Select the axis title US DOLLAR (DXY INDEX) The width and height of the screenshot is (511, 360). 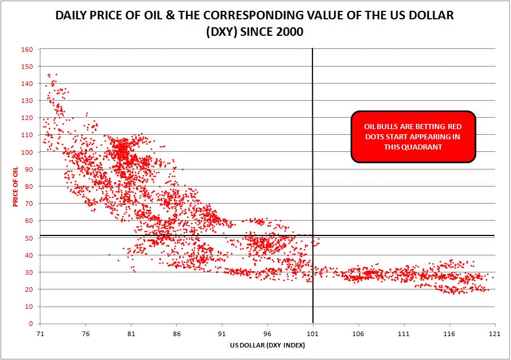267,345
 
